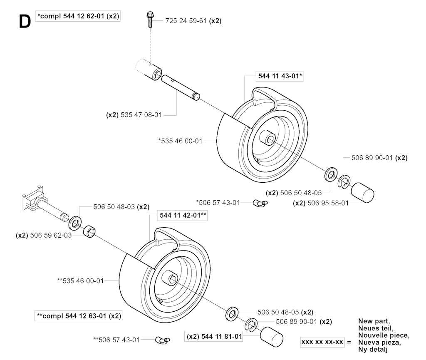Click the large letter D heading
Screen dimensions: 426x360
pos(25,22)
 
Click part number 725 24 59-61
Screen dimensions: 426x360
pos(186,21)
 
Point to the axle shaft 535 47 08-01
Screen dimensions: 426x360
pos(181,88)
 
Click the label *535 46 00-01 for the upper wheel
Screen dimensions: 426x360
pos(181,141)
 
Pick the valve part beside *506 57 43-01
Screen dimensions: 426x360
pos(260,203)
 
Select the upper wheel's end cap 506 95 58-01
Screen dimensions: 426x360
pos(362,192)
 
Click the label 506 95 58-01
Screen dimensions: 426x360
pos(328,203)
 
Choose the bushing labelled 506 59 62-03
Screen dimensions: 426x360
pos(89,231)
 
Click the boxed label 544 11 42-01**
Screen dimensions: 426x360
pos(182,216)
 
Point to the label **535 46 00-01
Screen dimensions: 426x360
pos(80,281)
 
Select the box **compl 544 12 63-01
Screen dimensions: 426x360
pos(78,316)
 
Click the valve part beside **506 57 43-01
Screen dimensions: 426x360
pos(163,340)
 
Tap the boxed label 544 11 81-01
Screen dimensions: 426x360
pos(214,337)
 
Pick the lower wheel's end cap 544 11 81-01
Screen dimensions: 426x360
pos(271,337)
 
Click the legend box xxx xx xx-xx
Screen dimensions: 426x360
pos(322,342)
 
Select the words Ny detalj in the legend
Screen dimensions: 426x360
pos(373,350)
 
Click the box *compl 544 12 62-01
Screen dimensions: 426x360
pos(78,16)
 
